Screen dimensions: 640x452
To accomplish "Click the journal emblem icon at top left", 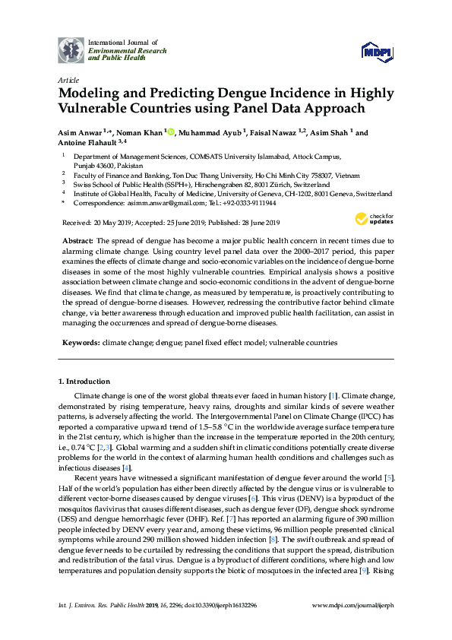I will pos(71,49).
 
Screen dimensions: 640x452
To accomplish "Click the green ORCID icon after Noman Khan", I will pos(171,133).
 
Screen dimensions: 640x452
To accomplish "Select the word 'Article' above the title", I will pos(68,79).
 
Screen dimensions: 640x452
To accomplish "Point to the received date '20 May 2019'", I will pos(109,223).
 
